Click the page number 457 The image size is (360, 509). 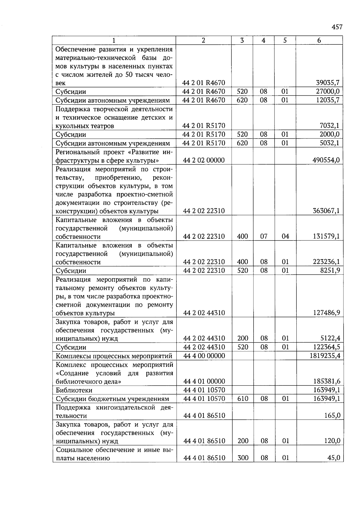point(337,27)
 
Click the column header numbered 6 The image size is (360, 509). point(319,40)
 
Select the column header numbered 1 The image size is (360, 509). point(114,40)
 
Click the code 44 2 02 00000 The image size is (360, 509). point(204,160)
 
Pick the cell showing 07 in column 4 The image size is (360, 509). point(264,236)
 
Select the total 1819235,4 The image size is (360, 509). point(325,356)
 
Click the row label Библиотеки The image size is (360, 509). point(74,390)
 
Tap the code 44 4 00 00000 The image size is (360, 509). point(204,356)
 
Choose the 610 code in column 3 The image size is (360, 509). point(242,399)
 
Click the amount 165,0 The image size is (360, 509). point(332,416)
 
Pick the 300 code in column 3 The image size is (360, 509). point(242,458)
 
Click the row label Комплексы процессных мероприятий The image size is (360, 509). point(114,356)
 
